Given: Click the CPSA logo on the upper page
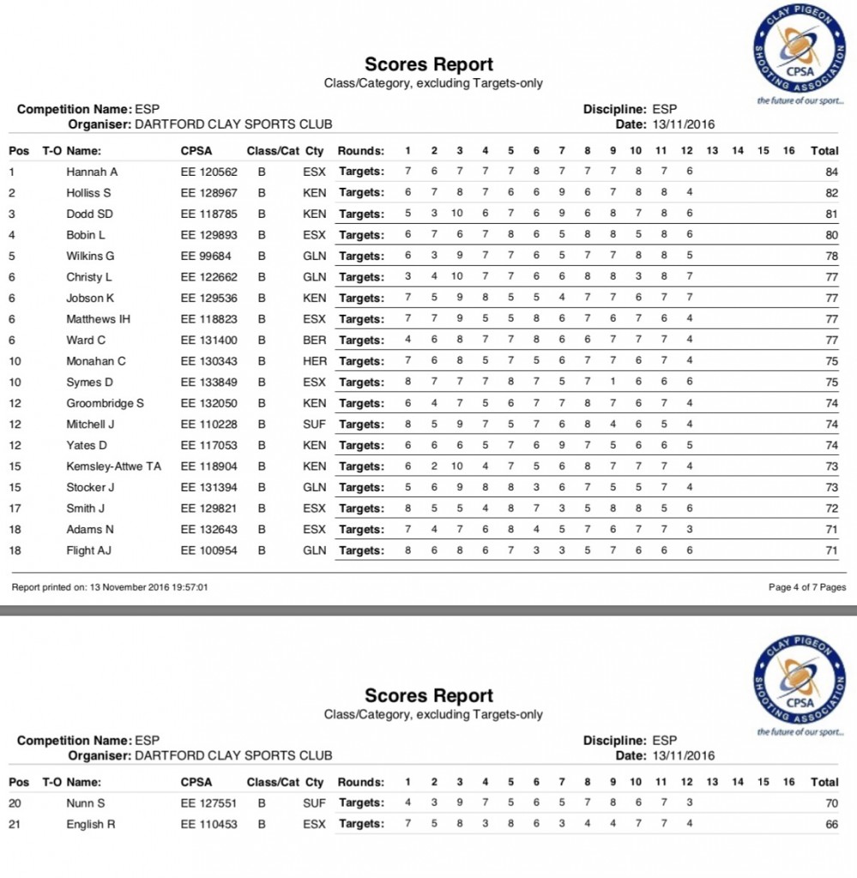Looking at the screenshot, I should click(800, 54).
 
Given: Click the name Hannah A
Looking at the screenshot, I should click(92, 171).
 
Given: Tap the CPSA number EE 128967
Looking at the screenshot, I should click(208, 193).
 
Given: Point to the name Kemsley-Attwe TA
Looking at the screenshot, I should click(113, 466).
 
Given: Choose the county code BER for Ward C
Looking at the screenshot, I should click(315, 340).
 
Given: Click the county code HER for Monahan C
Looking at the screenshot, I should click(315, 361).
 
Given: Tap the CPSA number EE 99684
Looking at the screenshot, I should click(206, 256).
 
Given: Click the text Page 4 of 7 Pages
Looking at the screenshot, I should click(807, 587).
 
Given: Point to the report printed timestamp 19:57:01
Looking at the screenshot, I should click(189, 587).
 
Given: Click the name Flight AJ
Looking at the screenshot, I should click(89, 550).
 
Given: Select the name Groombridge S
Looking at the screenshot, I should click(105, 403).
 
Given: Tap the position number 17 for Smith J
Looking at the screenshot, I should click(15, 508).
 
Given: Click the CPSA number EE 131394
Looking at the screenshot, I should click(208, 487).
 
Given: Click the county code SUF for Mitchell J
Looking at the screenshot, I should click(315, 424).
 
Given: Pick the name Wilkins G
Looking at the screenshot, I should click(90, 256).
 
